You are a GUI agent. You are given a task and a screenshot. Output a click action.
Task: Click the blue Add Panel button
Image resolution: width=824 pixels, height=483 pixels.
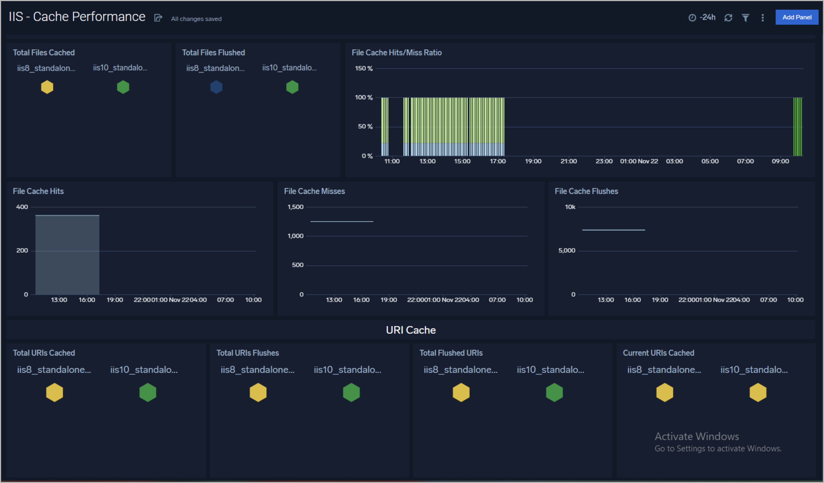click(797, 17)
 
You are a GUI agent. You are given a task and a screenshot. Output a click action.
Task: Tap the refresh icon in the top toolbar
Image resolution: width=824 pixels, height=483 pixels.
click(728, 18)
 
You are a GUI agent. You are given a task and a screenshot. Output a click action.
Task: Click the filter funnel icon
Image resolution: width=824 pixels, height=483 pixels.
click(745, 18)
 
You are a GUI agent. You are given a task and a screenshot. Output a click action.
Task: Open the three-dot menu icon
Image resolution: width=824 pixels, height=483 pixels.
click(762, 18)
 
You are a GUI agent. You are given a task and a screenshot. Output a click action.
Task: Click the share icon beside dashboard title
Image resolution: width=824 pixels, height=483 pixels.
click(158, 18)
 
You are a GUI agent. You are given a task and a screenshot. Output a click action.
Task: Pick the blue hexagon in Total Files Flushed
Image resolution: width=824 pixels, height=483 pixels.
click(216, 87)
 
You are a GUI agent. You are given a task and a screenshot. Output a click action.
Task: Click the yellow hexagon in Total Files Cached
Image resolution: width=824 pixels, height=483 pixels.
click(47, 87)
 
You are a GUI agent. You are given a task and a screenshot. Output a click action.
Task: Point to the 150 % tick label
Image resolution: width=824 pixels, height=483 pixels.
click(364, 68)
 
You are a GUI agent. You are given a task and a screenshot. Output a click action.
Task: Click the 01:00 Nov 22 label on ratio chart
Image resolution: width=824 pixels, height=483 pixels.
click(639, 161)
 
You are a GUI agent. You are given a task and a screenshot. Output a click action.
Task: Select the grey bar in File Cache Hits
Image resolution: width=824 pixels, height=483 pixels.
click(67, 255)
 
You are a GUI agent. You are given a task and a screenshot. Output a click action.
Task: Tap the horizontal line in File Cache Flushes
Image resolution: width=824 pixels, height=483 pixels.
click(613, 230)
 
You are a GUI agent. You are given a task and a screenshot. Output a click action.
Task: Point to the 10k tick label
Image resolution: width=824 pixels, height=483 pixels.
click(570, 207)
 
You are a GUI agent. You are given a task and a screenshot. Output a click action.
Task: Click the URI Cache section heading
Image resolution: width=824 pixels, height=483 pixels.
click(411, 330)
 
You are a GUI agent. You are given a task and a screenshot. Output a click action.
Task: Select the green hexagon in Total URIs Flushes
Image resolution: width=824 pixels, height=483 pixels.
click(351, 392)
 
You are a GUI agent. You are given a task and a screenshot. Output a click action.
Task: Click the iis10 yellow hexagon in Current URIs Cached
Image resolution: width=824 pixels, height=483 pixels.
click(758, 392)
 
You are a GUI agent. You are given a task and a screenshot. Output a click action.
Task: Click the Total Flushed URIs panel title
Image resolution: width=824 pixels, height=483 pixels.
click(451, 353)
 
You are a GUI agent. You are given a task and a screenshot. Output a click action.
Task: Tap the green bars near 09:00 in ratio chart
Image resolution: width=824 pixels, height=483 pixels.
click(797, 128)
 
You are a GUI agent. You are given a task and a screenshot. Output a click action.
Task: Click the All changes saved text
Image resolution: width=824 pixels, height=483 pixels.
click(196, 19)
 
